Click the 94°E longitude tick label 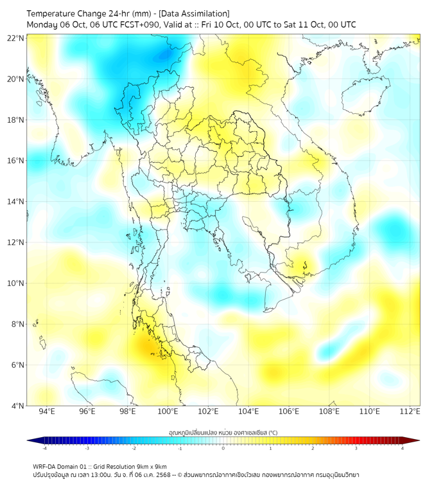point(47,411)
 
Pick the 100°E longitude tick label point(168,411)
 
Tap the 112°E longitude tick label point(410,411)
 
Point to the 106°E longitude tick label point(289,411)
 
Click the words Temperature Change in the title point(63,14)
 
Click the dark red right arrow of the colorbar point(415,440)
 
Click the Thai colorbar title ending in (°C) point(223,432)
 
